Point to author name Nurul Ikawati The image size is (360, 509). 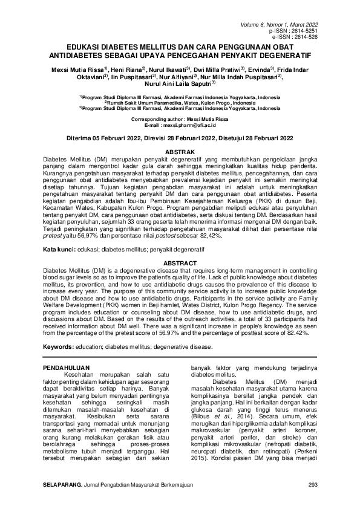[167, 69]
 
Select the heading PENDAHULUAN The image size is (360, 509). [68, 367]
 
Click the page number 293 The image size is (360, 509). [313, 485]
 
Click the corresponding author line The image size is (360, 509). [180, 119]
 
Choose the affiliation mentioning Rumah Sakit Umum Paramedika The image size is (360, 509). [180, 103]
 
